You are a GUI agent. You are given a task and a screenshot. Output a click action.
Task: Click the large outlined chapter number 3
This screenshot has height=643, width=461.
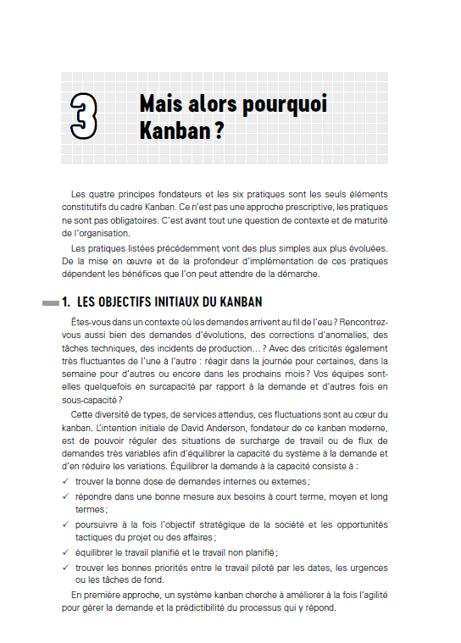point(83,117)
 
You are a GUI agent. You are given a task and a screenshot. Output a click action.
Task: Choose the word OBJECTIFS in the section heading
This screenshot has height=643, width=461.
point(132,302)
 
